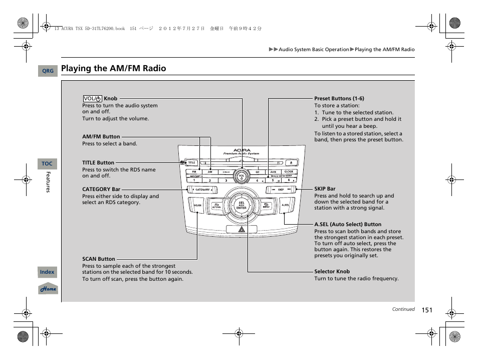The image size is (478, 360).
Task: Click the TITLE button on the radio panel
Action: point(191,162)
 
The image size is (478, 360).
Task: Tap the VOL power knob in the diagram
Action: point(242,176)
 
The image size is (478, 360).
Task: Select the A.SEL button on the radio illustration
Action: point(285,205)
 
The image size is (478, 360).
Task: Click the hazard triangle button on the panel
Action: point(242,229)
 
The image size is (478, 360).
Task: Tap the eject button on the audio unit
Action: point(291,162)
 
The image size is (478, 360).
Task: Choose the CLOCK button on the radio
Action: point(289,172)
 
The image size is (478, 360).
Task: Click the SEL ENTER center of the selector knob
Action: point(242,206)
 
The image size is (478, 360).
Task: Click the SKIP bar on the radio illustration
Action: point(281,190)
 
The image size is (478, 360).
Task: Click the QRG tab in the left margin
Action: point(48,71)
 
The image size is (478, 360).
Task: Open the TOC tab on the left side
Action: point(47,164)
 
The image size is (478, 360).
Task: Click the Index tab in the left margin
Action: point(47,272)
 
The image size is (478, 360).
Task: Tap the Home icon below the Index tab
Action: point(48,289)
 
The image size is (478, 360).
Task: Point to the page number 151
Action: point(426,310)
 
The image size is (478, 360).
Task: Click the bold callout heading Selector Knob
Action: point(332,271)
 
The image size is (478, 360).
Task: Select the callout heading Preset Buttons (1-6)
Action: point(339,98)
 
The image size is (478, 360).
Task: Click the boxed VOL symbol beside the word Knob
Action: point(93,99)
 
